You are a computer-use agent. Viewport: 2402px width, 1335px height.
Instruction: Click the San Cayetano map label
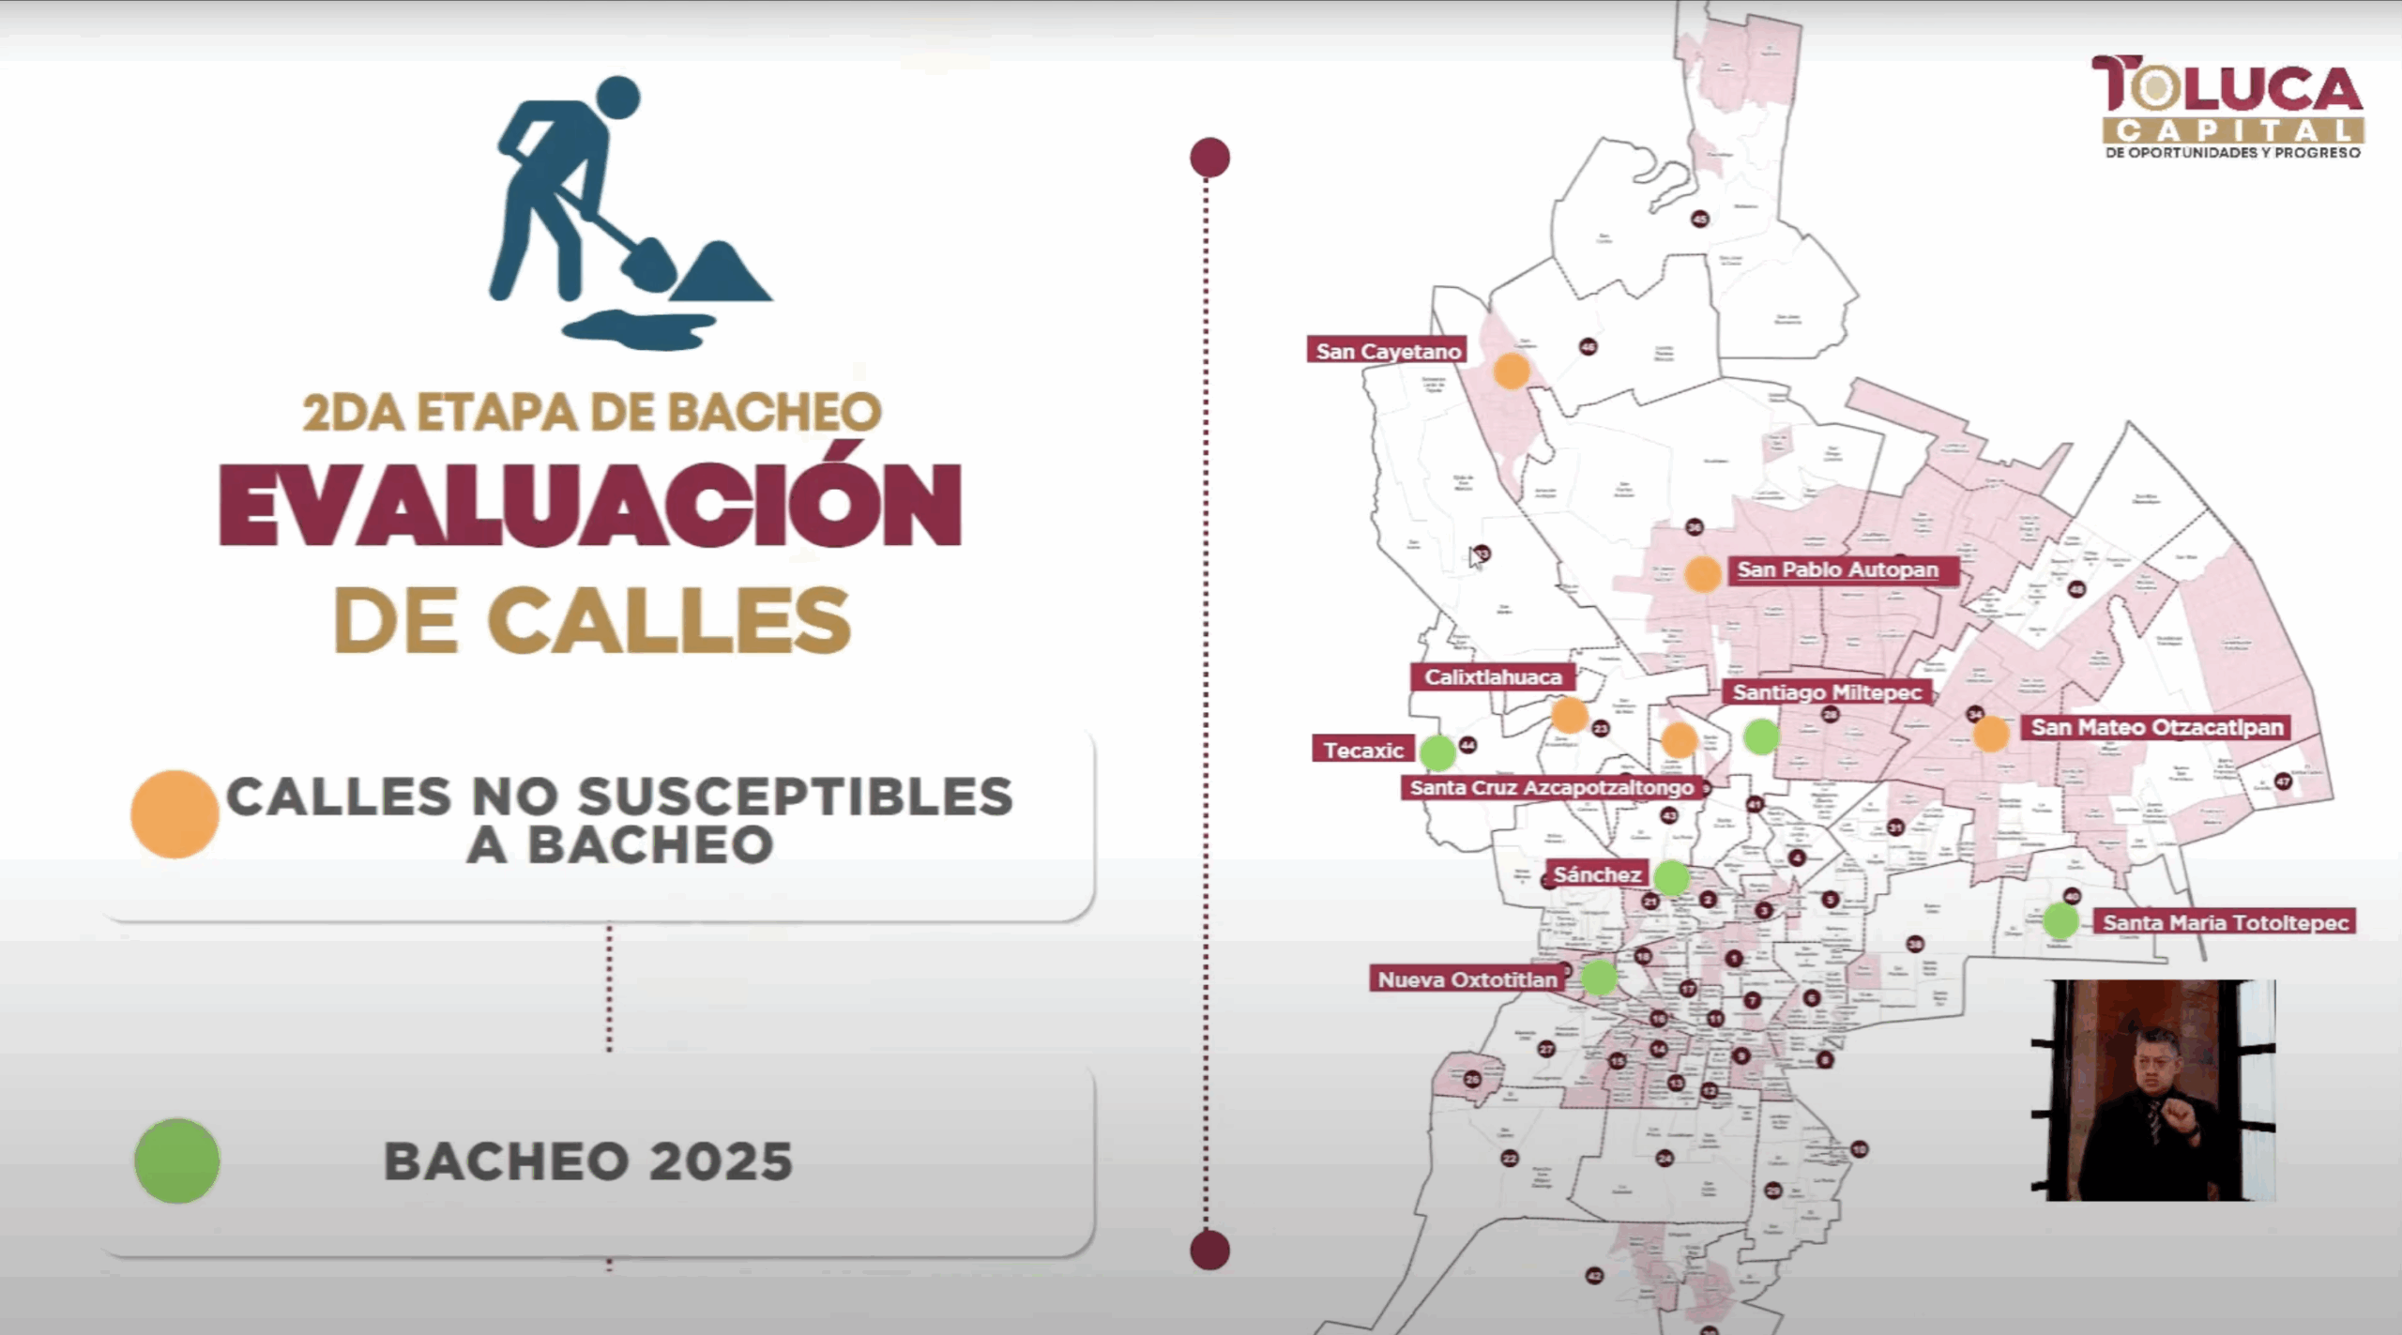[1388, 351]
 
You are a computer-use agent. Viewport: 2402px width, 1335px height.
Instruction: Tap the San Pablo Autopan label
[1837, 569]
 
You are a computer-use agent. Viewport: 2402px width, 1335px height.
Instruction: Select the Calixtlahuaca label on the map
[1493, 676]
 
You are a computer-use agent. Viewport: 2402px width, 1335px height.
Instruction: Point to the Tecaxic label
[1362, 750]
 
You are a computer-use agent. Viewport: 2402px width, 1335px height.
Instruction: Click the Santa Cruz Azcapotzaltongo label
[1551, 787]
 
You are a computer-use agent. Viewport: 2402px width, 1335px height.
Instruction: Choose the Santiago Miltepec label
[1827, 692]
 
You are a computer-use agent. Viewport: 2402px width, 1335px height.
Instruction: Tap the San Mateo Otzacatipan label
[2156, 727]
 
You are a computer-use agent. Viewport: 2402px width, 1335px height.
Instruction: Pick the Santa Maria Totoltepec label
[2225, 922]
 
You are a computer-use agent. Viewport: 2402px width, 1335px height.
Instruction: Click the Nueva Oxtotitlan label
[1467, 979]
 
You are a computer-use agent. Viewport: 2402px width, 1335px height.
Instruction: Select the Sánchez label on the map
[1596, 874]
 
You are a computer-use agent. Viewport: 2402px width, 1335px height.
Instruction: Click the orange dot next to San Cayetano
[1511, 371]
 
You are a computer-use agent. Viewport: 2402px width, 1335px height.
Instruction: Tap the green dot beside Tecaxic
[1437, 751]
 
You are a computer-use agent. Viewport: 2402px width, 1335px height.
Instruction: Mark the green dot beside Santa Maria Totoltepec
[2060, 920]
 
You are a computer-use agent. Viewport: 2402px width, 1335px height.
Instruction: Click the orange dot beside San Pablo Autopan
[1702, 573]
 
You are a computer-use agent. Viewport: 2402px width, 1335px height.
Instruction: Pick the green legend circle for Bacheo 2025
[177, 1161]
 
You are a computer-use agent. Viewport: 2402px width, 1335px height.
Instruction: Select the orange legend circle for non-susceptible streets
[175, 813]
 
